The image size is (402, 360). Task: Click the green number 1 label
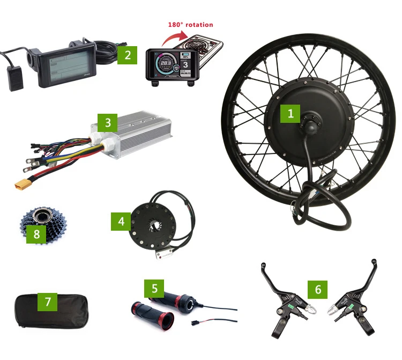tap(291, 113)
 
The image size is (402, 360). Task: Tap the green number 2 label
tap(128, 55)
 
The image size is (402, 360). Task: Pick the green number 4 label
tap(121, 221)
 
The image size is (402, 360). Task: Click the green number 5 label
tap(154, 288)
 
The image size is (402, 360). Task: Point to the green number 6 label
tap(318, 290)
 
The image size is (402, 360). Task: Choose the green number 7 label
tap(48, 302)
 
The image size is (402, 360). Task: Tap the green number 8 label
tap(36, 234)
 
